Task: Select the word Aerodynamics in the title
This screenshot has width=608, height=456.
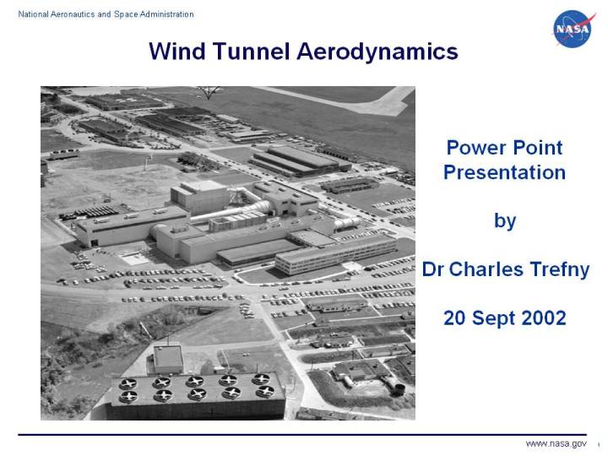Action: coord(377,52)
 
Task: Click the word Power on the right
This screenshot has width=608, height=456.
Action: coord(475,148)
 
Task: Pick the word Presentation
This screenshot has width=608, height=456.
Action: coord(504,173)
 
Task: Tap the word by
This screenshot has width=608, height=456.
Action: coord(504,221)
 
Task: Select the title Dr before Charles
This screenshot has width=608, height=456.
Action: coord(433,270)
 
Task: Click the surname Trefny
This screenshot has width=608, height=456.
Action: coord(558,270)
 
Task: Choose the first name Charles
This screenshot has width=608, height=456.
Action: coord(486,270)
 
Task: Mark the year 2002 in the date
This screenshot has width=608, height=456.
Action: coord(540,318)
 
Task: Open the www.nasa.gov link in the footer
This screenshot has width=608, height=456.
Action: coord(556,444)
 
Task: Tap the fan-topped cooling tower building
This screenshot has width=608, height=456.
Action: coord(197,393)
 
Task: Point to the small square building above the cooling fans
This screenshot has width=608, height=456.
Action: coord(168,356)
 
